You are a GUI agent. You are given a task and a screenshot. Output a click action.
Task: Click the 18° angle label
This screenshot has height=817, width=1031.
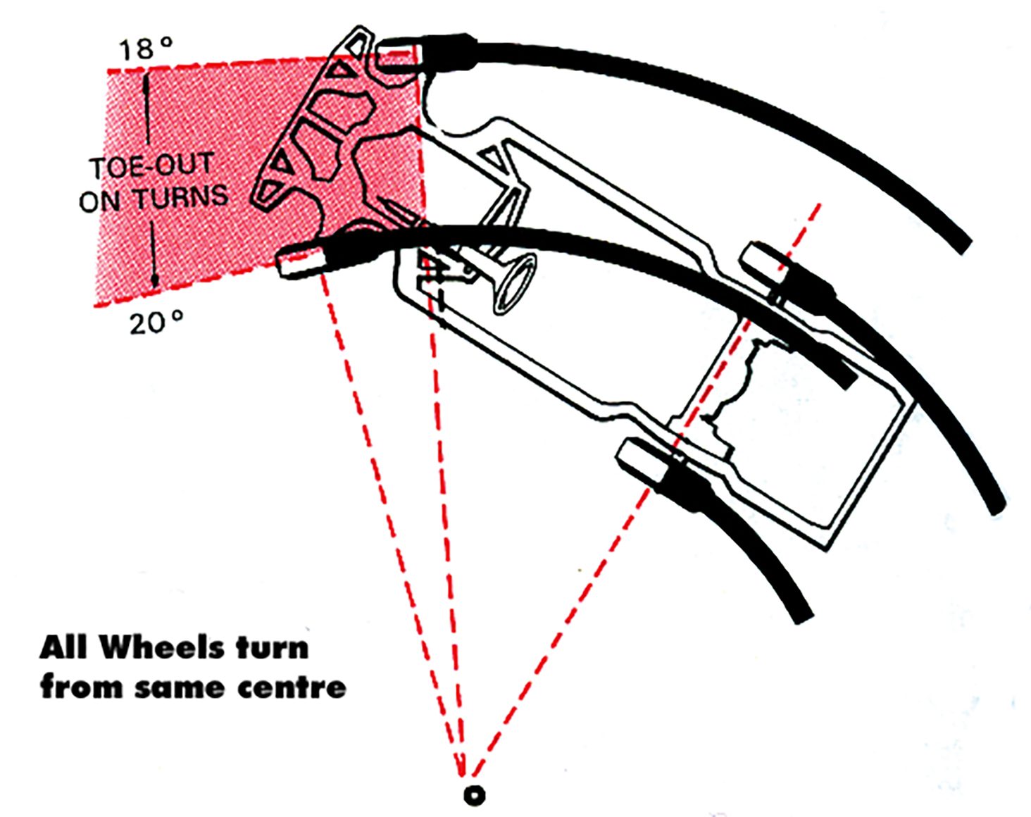coord(145,49)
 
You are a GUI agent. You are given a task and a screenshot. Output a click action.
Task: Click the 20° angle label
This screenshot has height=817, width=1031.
coord(156,323)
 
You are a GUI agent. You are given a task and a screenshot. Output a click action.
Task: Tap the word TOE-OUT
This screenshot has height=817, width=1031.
coord(151,167)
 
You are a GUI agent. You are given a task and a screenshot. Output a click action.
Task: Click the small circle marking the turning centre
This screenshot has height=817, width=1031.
coord(474,794)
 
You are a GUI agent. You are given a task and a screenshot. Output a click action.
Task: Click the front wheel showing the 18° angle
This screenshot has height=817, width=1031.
coord(400,54)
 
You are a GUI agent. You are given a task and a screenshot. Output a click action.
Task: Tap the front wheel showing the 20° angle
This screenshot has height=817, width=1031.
coord(301,261)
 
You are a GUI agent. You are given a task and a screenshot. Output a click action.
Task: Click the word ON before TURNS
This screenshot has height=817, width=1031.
coord(99,201)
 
